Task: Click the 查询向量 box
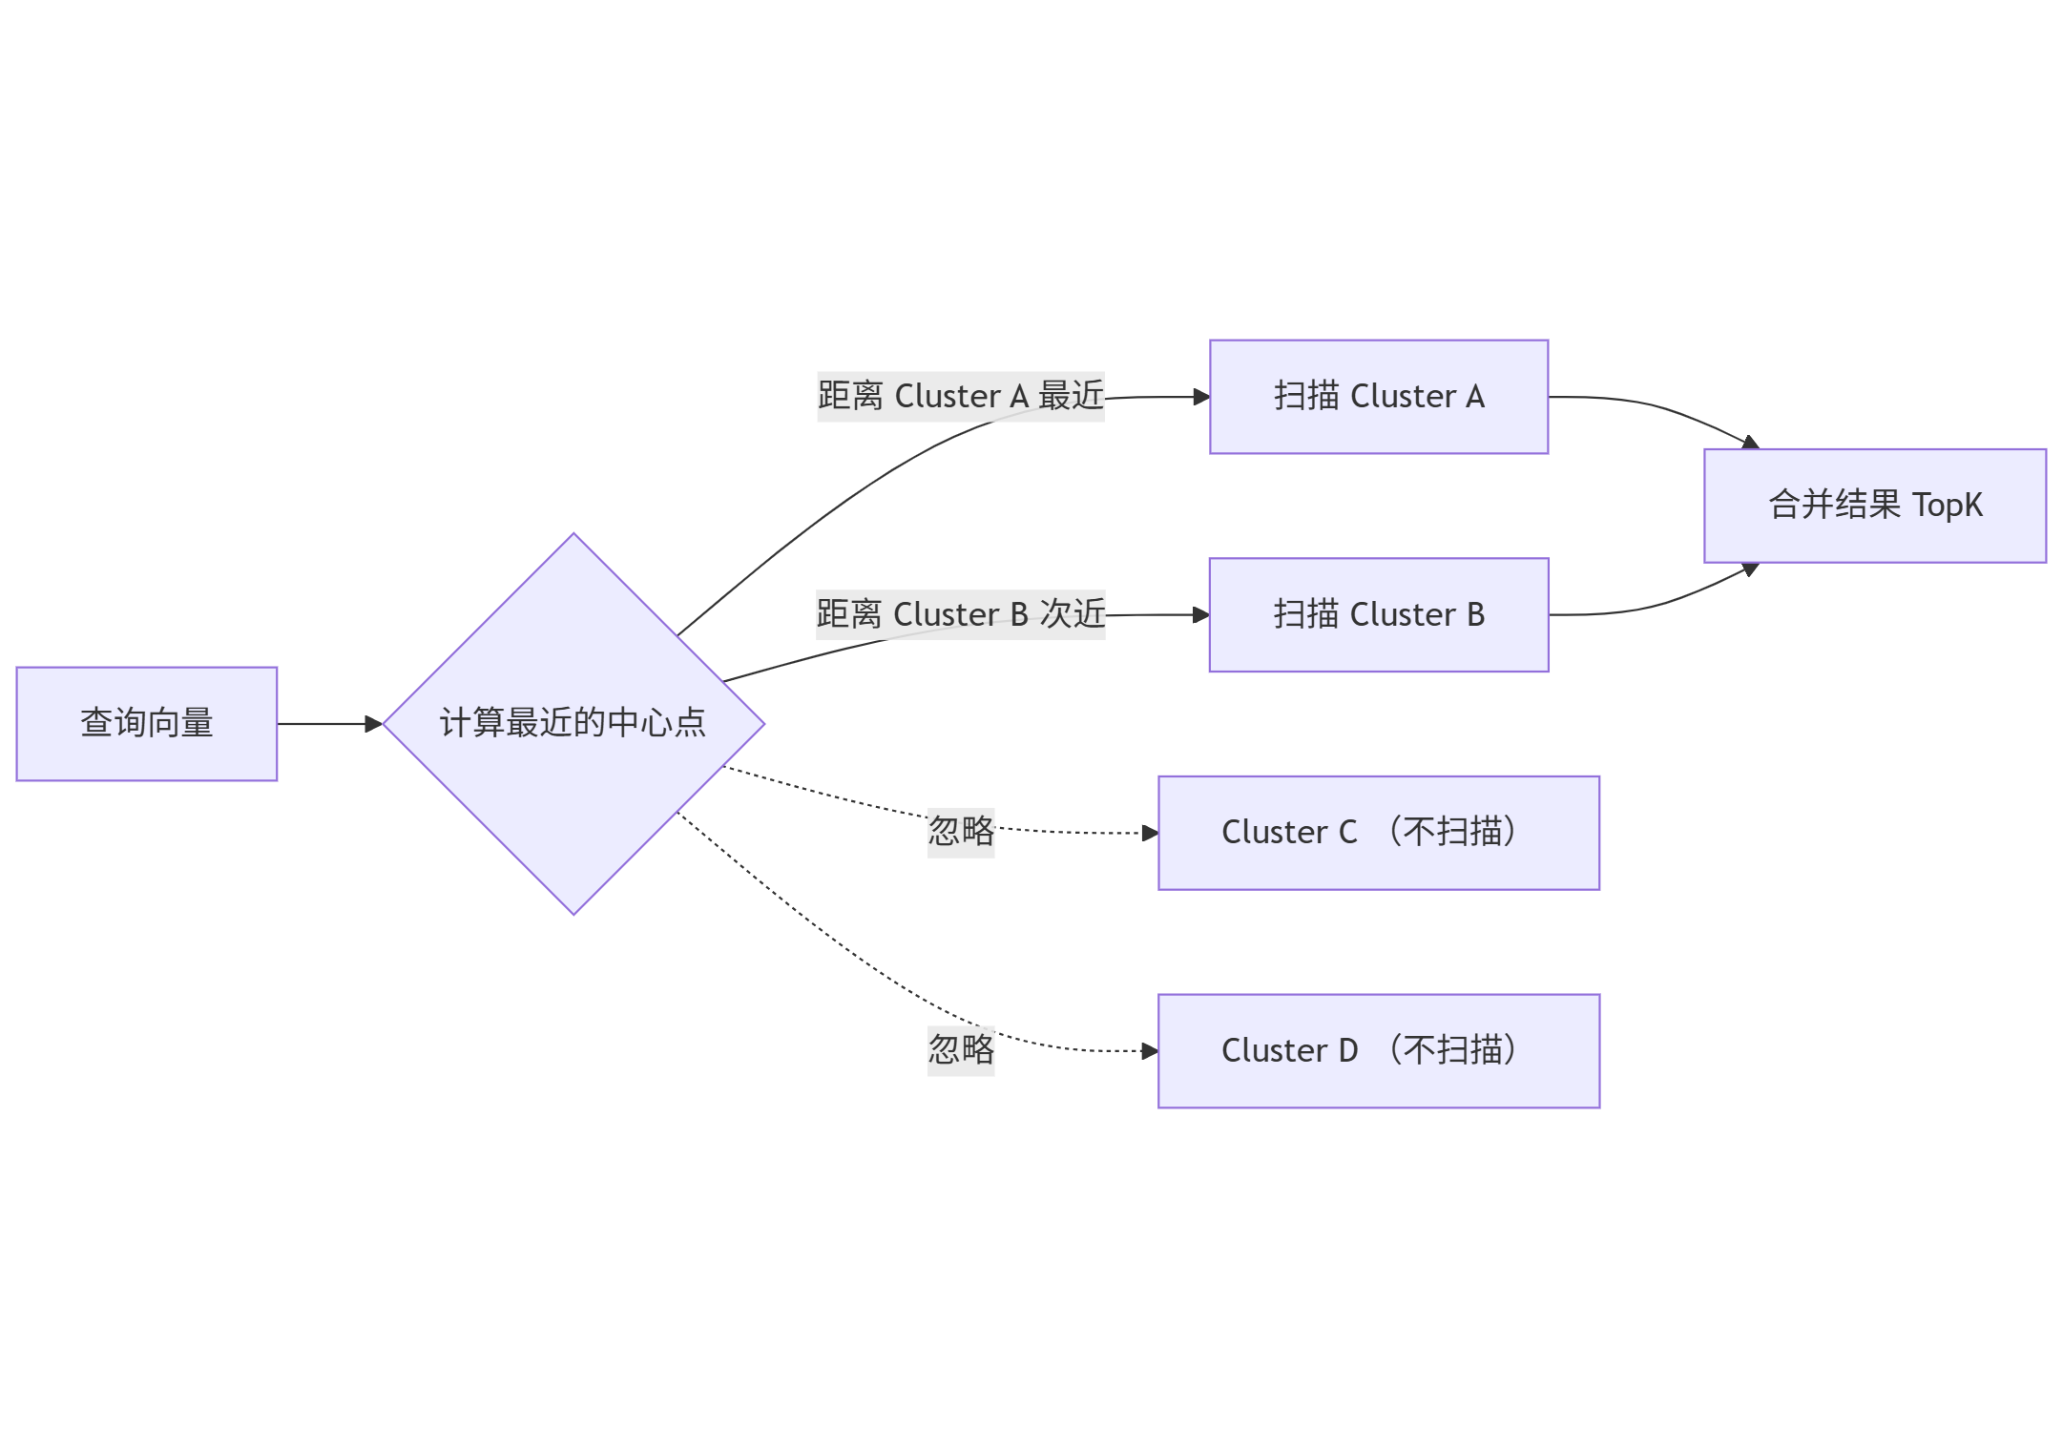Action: (146, 724)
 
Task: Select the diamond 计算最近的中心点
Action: (573, 724)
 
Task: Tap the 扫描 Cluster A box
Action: (1378, 397)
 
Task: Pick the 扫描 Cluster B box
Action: (1378, 615)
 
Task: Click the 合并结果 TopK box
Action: (1874, 506)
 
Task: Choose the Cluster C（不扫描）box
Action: (1378, 833)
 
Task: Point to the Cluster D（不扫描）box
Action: (1378, 1051)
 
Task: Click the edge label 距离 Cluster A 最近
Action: (960, 396)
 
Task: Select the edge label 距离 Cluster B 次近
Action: (960, 614)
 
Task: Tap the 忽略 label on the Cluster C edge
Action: (960, 832)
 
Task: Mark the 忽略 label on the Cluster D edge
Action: (960, 1050)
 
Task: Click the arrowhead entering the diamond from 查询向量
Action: (373, 724)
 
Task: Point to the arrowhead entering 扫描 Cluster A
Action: (1201, 397)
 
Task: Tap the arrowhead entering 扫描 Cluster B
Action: (1201, 615)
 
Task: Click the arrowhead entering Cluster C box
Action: (1150, 833)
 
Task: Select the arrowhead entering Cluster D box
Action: (1150, 1051)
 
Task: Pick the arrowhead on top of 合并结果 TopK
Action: (1750, 443)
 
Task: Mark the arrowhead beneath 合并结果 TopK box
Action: (1750, 569)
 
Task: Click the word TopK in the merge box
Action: (1948, 506)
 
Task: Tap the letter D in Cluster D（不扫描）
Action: (1347, 1051)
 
